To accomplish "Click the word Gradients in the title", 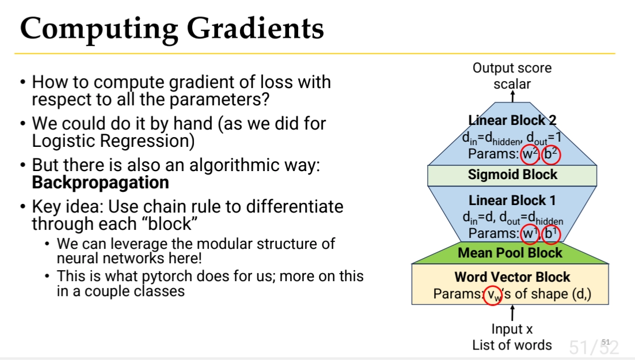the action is point(255,28).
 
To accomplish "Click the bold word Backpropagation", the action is point(100,183).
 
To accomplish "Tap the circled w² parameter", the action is point(530,154).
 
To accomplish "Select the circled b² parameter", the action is point(551,154).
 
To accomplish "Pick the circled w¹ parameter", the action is point(530,233).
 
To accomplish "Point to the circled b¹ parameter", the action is point(551,233).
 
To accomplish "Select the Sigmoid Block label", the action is point(512,175).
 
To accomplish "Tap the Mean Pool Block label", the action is point(510,253).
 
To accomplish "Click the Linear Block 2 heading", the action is point(512,120).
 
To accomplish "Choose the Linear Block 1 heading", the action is point(512,200).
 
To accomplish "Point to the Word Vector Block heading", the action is point(512,277).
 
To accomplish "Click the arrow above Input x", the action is point(513,313).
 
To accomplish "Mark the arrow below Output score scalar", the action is point(513,97).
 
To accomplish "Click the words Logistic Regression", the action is point(113,141).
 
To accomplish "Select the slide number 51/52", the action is point(594,347).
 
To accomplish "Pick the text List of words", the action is point(512,346).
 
